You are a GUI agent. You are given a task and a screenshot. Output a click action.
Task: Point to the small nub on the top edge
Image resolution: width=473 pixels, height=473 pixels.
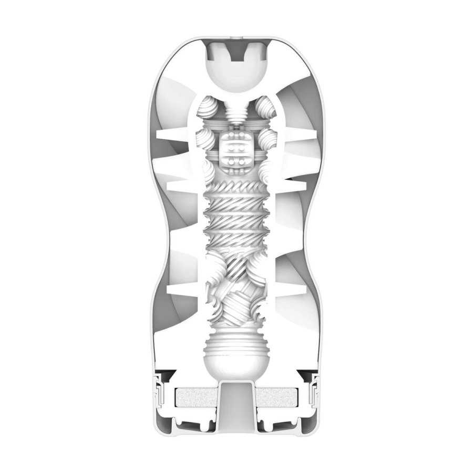236,38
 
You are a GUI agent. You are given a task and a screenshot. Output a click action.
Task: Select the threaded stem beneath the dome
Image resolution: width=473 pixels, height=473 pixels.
236,111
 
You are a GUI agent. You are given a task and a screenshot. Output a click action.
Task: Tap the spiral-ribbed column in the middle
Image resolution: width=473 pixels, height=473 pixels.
236,210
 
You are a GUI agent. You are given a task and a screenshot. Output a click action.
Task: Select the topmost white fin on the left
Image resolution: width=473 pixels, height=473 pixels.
173,139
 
